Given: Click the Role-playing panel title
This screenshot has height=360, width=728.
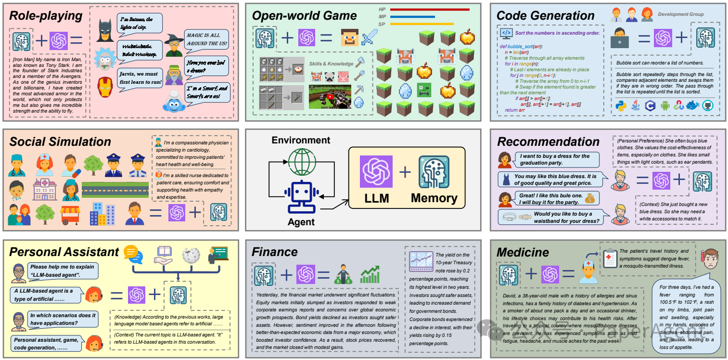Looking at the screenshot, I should tap(46, 15).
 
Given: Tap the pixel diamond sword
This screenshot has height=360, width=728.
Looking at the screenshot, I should tap(371, 37).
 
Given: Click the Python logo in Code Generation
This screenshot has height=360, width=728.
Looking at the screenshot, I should tap(621, 106).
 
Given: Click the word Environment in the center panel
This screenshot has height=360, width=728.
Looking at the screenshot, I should tap(301, 141).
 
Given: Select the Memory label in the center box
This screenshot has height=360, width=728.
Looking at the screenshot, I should tap(434, 198).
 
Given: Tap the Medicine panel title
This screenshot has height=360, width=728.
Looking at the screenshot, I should tap(523, 252).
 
